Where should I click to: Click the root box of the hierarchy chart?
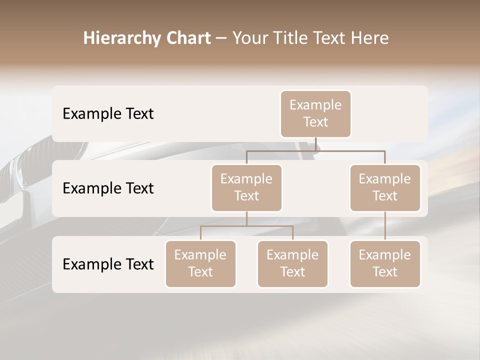[x=315, y=113]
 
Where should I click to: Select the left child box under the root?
[x=246, y=187]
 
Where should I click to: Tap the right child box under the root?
[x=385, y=187]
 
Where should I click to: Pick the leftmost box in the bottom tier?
[x=200, y=263]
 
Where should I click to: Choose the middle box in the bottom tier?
[x=292, y=263]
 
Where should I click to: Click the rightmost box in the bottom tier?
[x=385, y=263]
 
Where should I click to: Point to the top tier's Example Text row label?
[x=108, y=113]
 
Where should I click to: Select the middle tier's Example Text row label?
[x=108, y=188]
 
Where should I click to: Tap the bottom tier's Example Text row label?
[x=108, y=264]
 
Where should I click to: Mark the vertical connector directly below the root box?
[x=315, y=144]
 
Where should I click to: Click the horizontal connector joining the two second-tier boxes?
[x=315, y=150]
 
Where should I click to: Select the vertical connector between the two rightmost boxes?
[x=385, y=225]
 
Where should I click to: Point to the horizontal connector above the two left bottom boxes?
[x=246, y=226]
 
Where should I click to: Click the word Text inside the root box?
[x=315, y=122]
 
